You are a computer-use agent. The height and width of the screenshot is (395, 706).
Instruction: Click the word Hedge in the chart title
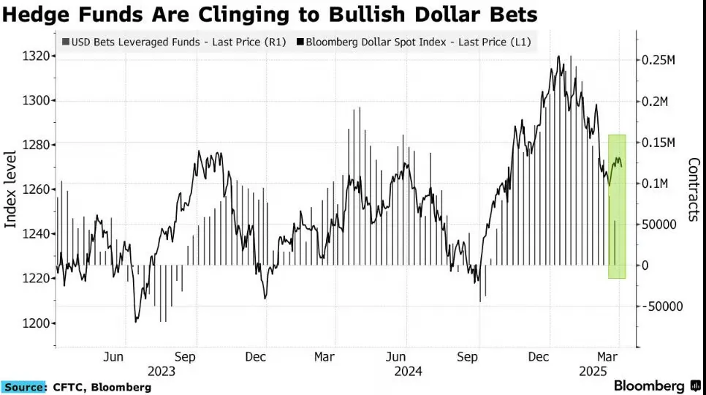pyautogui.click(x=37, y=14)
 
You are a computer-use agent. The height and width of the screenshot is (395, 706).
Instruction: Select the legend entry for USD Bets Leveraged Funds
pyautogui.click(x=174, y=42)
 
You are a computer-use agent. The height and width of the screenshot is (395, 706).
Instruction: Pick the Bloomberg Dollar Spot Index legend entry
pyautogui.click(x=414, y=42)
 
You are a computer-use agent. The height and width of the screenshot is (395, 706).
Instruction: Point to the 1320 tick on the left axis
pyautogui.click(x=36, y=56)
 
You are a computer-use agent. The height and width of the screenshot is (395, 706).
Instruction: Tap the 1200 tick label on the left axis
pyautogui.click(x=36, y=323)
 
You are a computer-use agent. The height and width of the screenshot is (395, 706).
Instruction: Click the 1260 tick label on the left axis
pyautogui.click(x=36, y=189)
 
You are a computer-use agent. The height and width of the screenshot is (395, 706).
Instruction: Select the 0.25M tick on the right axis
pyautogui.click(x=658, y=60)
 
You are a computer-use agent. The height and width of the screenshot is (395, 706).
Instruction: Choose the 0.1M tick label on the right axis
pyautogui.click(x=655, y=184)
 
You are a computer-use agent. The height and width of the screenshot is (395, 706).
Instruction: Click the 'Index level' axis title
pyautogui.click(x=10, y=189)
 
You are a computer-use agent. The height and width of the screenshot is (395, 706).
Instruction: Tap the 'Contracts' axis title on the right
pyautogui.click(x=694, y=189)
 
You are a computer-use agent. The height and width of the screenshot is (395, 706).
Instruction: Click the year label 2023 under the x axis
pyautogui.click(x=162, y=372)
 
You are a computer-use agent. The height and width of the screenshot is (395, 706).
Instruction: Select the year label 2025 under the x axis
pyautogui.click(x=593, y=372)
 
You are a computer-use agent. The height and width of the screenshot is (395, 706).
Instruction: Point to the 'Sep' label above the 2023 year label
pyautogui.click(x=185, y=357)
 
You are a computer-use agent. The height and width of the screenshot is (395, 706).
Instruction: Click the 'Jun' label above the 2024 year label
pyautogui.click(x=396, y=357)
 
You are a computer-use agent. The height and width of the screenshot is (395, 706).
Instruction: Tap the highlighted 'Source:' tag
pyautogui.click(x=24, y=388)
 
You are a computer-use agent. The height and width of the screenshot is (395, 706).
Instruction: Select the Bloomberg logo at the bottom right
pyautogui.click(x=657, y=386)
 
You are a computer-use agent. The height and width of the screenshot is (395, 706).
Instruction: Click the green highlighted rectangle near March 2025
pyautogui.click(x=617, y=206)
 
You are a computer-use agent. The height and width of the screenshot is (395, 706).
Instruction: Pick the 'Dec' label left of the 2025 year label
pyautogui.click(x=539, y=357)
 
